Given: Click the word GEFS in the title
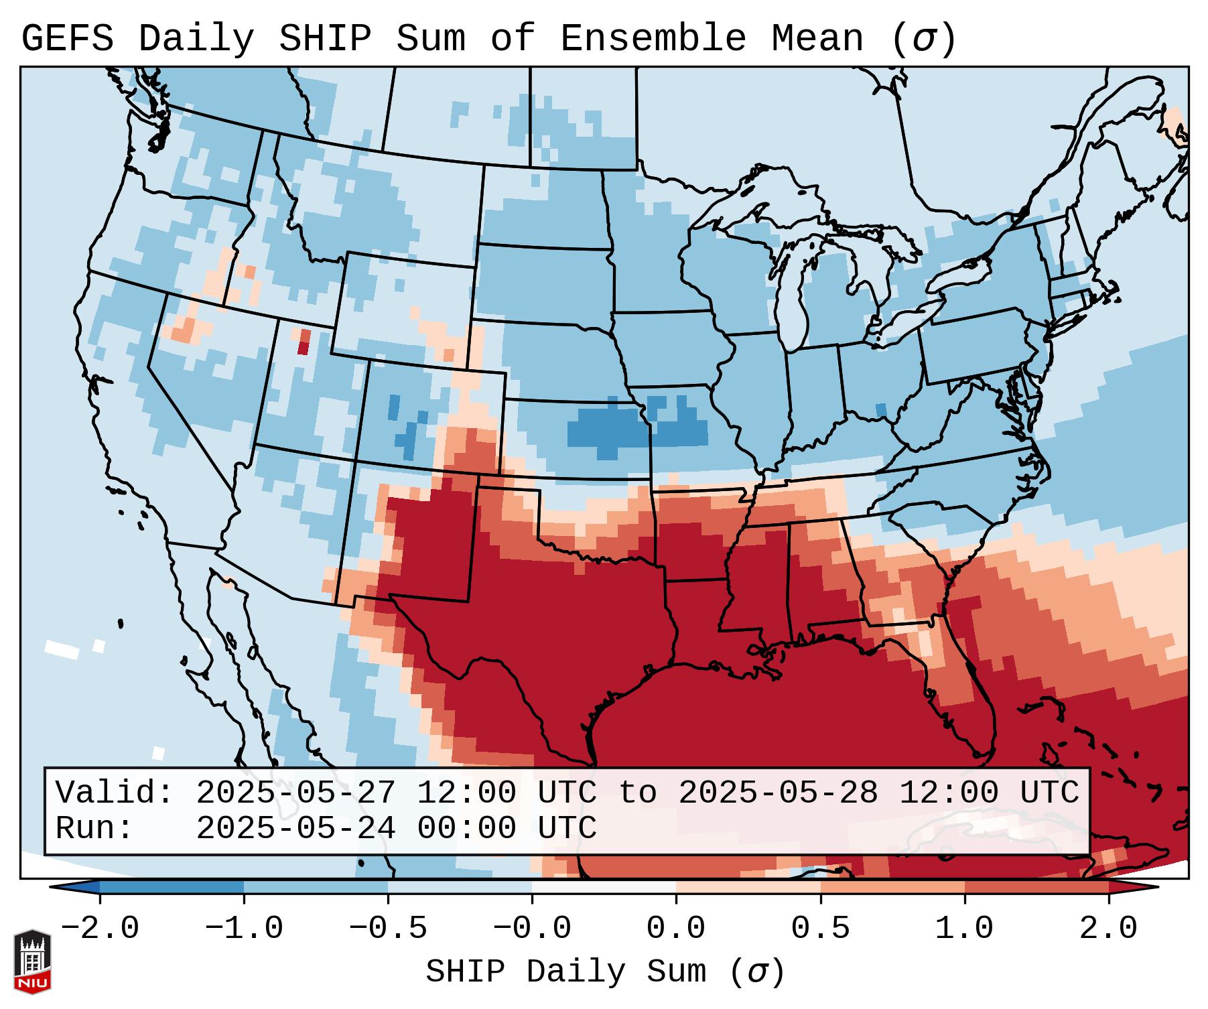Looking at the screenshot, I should tap(67, 39).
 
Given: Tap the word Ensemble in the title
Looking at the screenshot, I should tap(653, 39).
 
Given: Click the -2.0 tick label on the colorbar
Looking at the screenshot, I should tap(100, 929).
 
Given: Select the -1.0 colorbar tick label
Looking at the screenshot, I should tap(244, 929).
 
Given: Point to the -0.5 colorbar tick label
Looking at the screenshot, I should tap(388, 929).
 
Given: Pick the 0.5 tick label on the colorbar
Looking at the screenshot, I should tap(820, 929).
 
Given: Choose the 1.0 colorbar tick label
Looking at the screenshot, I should tap(964, 929).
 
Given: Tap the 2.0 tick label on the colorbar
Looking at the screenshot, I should tap(1108, 929).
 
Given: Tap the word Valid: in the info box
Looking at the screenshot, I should tap(114, 793).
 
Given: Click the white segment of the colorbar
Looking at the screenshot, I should tap(604, 887).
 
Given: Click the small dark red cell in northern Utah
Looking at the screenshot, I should tap(304, 348).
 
